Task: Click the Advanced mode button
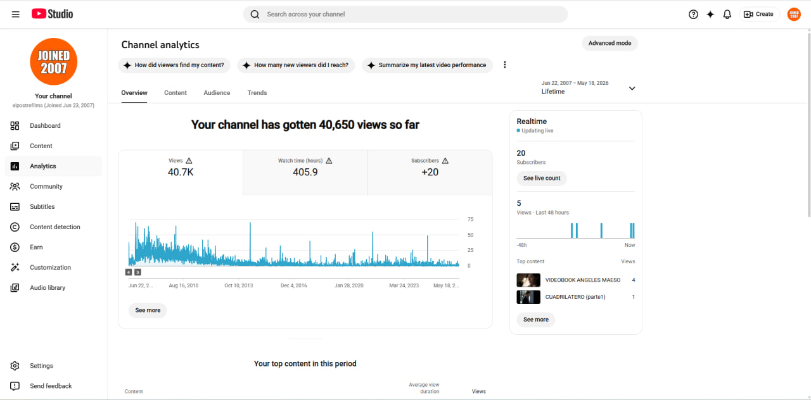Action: click(x=610, y=43)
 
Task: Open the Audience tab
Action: click(x=217, y=92)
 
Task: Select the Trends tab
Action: click(x=257, y=92)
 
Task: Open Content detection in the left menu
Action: click(x=54, y=227)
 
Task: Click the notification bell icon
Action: click(x=727, y=14)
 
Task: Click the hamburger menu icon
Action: click(x=16, y=14)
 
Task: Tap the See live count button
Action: click(x=542, y=178)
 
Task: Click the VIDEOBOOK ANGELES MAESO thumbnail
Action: click(x=528, y=280)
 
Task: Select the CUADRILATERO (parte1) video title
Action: click(x=575, y=297)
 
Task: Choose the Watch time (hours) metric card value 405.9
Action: click(x=305, y=172)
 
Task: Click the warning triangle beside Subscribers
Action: click(x=445, y=161)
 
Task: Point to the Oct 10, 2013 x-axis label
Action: click(x=239, y=285)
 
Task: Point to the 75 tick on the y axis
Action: click(x=470, y=219)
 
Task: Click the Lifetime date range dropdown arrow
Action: click(x=632, y=88)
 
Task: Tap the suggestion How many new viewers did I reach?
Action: click(x=296, y=65)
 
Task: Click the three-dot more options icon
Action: click(x=505, y=65)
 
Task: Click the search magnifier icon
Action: click(x=255, y=14)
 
